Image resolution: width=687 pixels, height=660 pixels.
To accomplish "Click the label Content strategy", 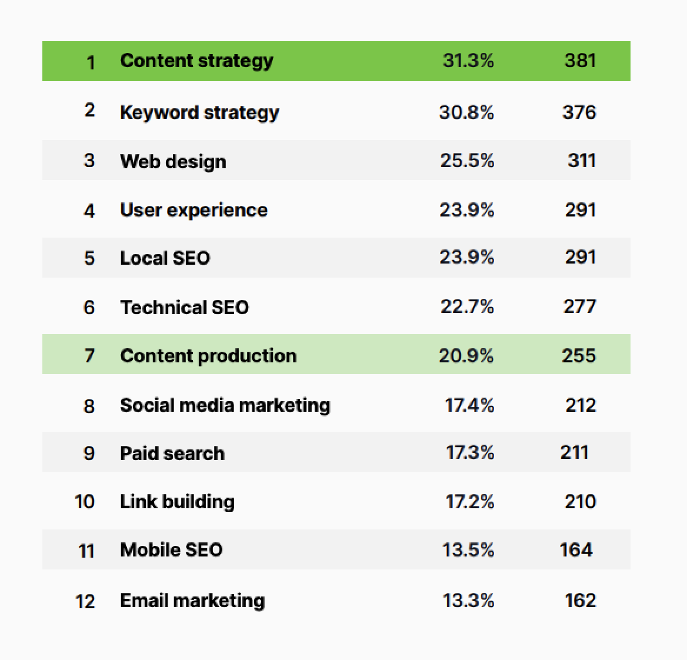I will (196, 61).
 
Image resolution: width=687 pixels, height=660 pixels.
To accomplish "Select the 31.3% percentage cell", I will (468, 61).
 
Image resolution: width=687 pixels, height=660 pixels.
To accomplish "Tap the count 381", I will (580, 61).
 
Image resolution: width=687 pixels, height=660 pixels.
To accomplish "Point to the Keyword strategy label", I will (199, 112).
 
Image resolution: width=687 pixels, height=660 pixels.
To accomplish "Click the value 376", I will (579, 112).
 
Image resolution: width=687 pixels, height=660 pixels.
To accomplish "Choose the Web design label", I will (173, 161).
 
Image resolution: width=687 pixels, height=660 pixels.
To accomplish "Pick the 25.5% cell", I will (467, 161).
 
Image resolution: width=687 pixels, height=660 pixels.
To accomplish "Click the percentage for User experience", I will (467, 210).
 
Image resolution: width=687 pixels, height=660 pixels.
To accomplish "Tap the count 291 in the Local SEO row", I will (580, 257).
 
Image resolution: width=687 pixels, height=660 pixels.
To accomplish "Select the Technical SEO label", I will (184, 307).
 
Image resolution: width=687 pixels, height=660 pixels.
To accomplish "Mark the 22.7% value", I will (467, 306).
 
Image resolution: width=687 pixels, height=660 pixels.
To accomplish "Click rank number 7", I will (89, 355).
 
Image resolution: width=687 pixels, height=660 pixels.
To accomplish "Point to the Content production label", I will (208, 355).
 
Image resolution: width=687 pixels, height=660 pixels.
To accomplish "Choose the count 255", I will (579, 355).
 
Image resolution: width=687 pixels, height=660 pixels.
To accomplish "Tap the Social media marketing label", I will (225, 405).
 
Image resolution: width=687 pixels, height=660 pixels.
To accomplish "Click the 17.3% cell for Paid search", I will (469, 452).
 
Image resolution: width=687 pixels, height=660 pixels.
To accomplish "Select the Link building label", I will (177, 502).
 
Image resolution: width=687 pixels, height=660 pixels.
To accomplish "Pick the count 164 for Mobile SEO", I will (576, 550).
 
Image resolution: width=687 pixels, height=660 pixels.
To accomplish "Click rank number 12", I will (85, 601).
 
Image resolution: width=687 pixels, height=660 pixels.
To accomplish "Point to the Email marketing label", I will (192, 601).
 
